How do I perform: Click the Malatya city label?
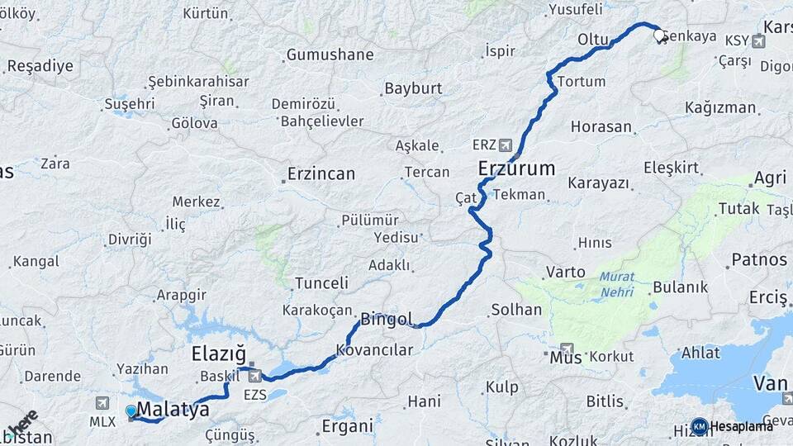click(173, 409)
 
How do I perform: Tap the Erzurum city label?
click(516, 169)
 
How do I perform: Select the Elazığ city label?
click(219, 355)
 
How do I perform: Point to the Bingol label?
click(387, 318)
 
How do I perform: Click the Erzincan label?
click(321, 174)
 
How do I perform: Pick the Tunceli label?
click(321, 282)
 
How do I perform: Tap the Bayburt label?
click(413, 88)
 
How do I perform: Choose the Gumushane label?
click(330, 55)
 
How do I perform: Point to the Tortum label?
click(582, 81)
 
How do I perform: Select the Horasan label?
click(601, 127)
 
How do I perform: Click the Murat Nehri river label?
click(617, 283)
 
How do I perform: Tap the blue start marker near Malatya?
click(131, 411)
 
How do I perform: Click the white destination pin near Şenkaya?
click(661, 36)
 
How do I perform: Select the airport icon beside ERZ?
click(506, 145)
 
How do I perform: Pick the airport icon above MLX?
click(102, 403)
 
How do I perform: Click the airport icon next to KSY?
click(759, 40)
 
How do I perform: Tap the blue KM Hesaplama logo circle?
click(700, 426)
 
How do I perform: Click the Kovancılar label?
click(374, 349)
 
